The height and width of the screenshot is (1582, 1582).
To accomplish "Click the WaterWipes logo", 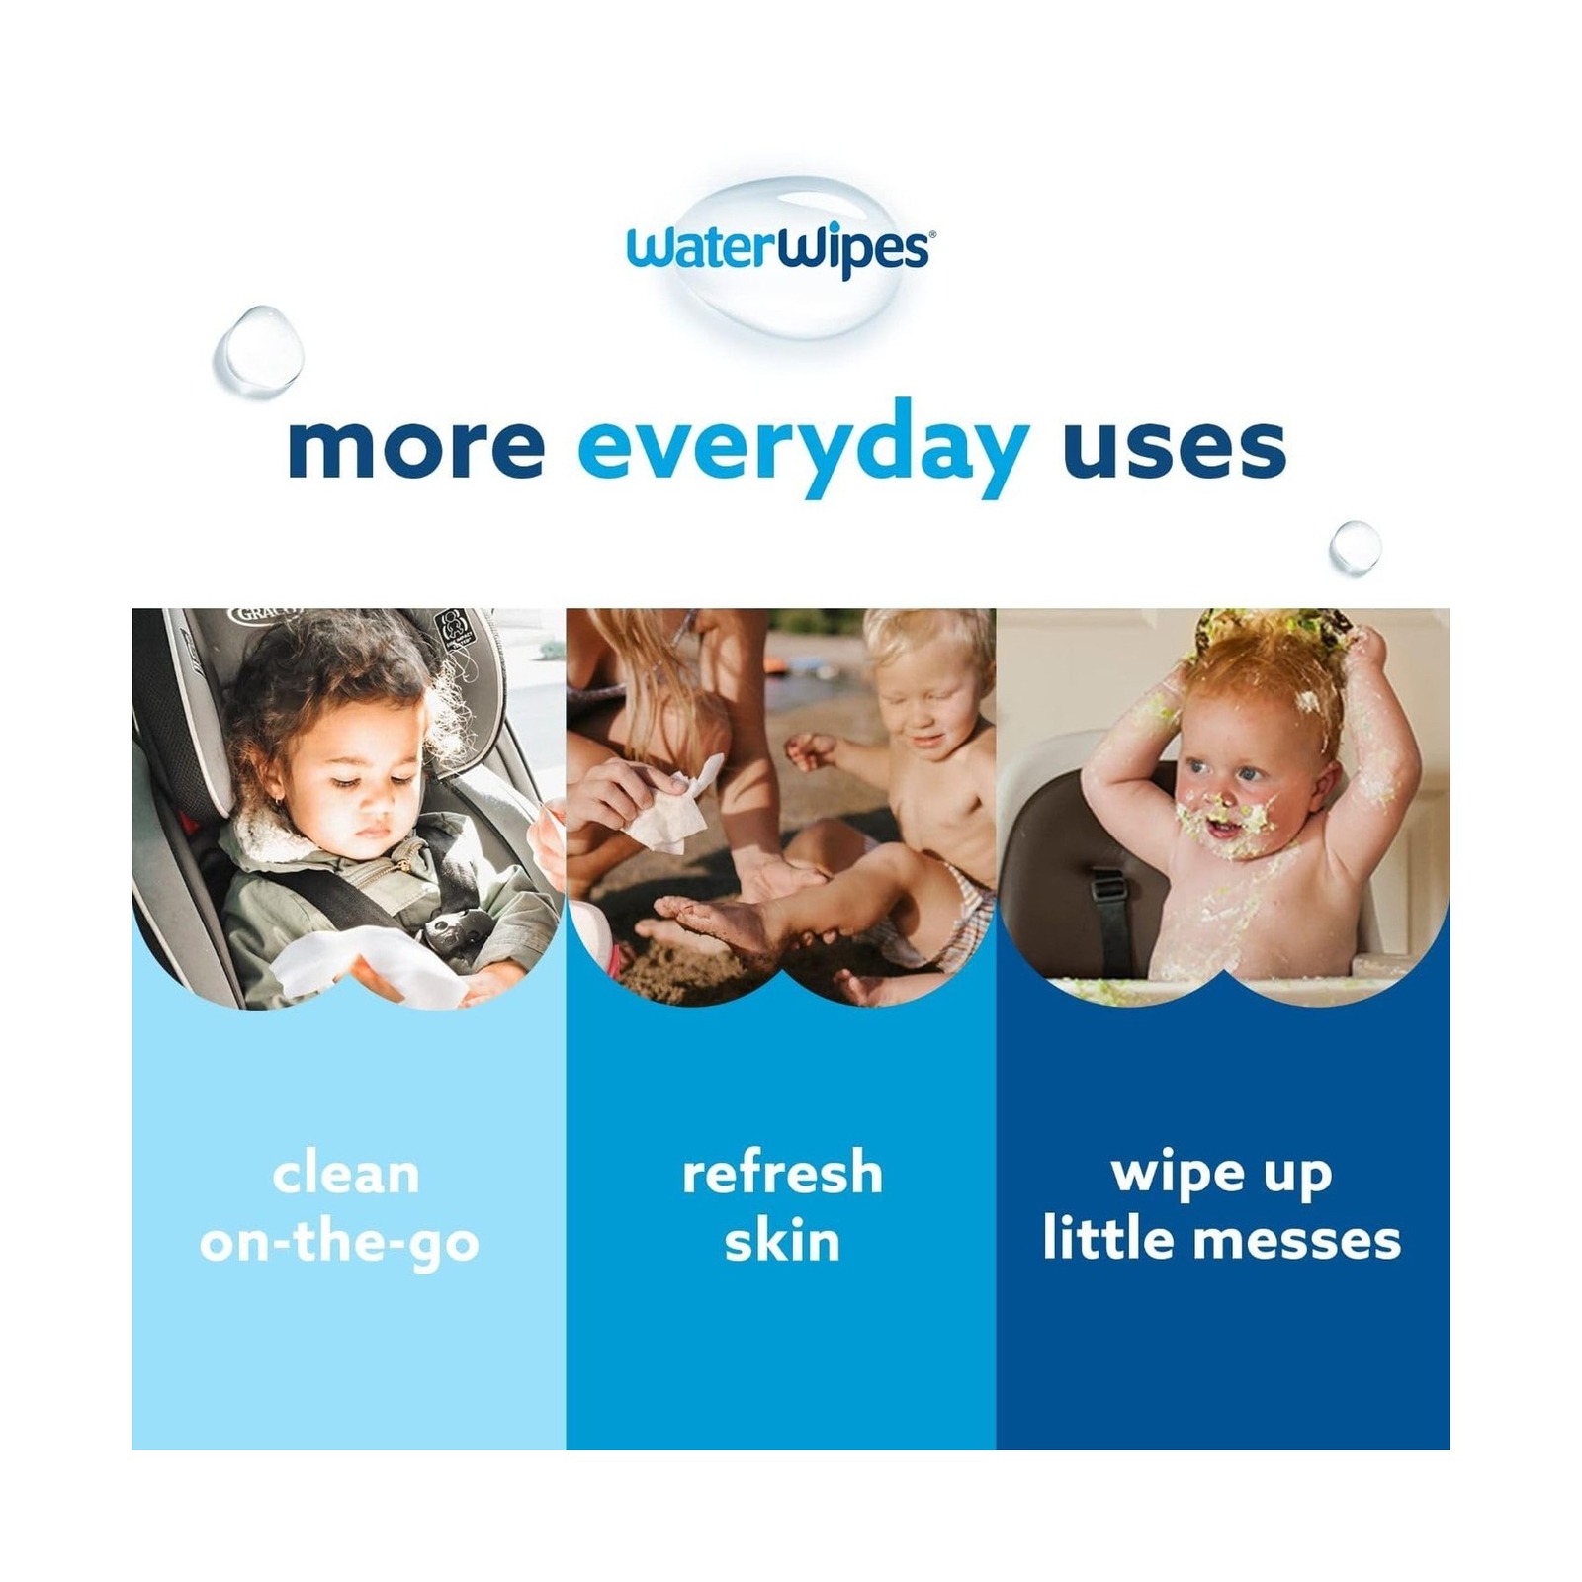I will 778,250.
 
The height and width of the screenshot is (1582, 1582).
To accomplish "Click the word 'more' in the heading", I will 415,447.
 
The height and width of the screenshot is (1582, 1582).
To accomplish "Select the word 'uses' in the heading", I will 1174,447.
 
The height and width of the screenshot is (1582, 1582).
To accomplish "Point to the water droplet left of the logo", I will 259,351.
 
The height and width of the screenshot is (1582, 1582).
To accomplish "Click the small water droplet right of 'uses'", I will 1354,547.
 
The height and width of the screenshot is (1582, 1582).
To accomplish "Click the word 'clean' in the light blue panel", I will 345,1175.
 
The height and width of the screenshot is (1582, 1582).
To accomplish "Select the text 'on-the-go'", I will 339,1243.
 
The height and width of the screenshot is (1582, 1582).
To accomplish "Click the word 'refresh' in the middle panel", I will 782,1174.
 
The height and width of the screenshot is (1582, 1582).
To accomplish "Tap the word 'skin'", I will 782,1242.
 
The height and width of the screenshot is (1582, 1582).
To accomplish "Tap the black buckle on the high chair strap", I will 1107,886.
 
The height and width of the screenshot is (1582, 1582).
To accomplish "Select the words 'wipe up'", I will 1221,1174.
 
